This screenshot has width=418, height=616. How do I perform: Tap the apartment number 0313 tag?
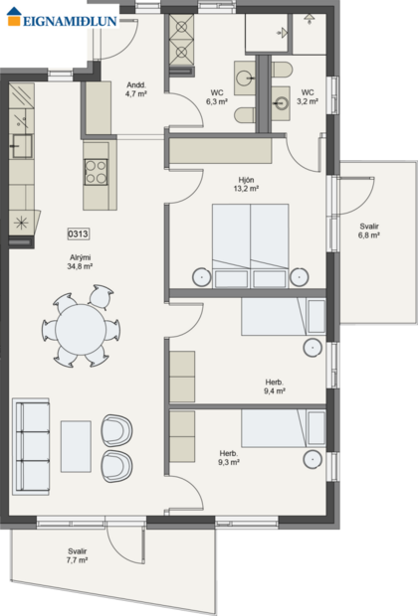79,234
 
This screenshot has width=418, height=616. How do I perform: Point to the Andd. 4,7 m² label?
136,90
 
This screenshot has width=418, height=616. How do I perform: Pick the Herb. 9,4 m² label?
275,386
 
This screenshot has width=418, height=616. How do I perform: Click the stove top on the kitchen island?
97,172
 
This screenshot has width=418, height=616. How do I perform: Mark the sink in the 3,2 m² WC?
283,100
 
